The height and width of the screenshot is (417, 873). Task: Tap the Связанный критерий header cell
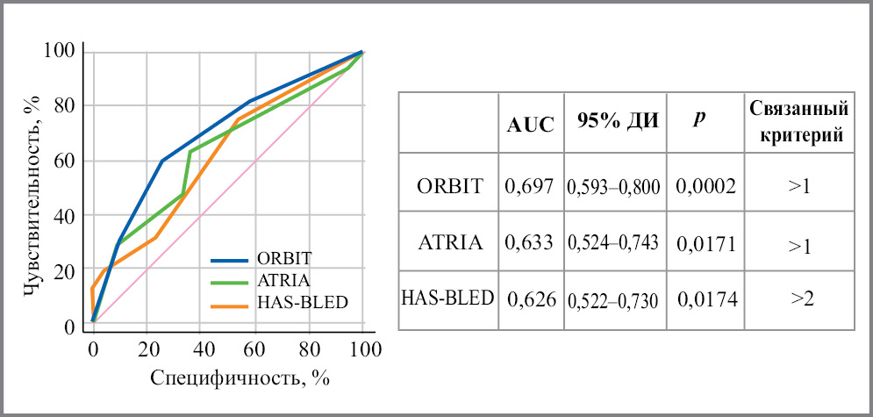[799, 122]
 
